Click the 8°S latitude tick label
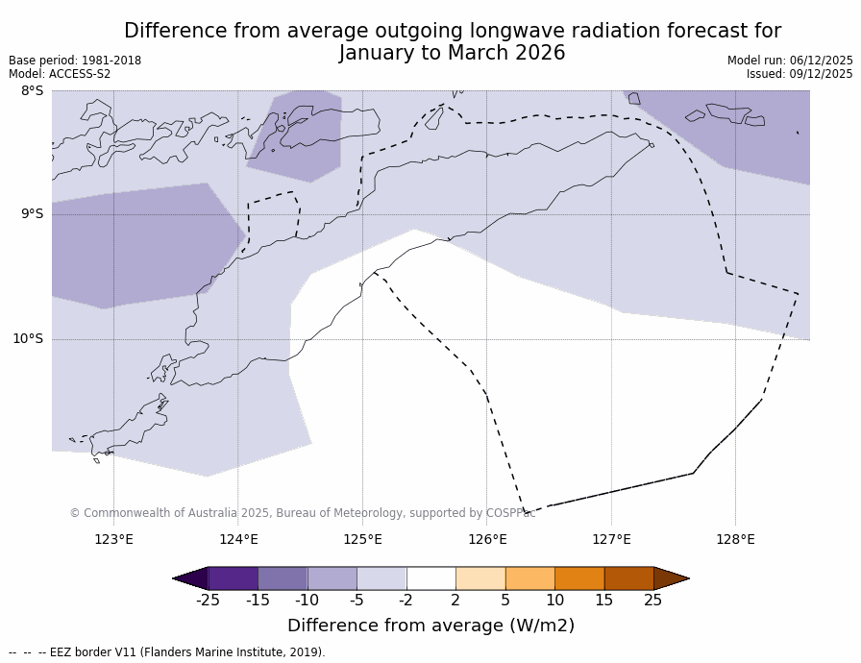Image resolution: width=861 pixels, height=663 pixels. [32, 91]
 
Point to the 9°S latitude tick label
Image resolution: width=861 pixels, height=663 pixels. [32, 214]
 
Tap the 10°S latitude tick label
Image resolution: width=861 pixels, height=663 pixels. [28, 339]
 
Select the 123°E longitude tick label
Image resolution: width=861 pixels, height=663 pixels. [113, 539]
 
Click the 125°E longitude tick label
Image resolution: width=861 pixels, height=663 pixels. [362, 539]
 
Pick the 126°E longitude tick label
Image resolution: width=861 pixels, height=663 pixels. [487, 539]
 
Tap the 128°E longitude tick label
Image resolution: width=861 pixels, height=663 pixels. [735, 539]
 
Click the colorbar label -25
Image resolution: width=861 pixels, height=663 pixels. [208, 601]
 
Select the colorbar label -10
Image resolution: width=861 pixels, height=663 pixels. [307, 601]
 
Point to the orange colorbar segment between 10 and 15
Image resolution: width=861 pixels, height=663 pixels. [579, 578]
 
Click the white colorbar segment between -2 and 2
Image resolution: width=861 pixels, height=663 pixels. [430, 578]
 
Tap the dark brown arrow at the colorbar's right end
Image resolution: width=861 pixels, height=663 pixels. [671, 578]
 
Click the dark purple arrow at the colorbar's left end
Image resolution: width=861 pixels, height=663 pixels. [190, 578]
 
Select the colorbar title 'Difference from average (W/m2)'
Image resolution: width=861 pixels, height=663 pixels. [430, 626]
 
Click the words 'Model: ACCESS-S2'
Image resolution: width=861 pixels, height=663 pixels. [60, 74]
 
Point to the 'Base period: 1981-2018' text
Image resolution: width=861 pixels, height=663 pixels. [75, 61]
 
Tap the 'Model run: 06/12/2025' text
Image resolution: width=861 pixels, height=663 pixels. [790, 61]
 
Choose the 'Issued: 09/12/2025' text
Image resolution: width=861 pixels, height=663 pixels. [799, 74]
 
